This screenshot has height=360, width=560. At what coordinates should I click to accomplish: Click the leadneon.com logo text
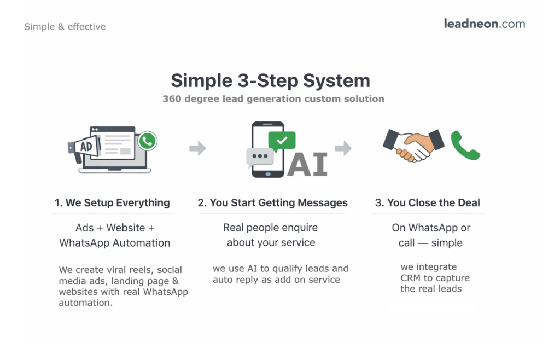484,24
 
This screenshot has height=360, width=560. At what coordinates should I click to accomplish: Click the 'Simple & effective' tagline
65,26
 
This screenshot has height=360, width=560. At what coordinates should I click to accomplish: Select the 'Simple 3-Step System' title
270,80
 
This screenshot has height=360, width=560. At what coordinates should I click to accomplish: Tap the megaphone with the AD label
81,147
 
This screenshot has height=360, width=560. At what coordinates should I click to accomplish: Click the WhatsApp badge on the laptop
147,141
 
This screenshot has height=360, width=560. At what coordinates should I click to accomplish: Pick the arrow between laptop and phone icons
197,148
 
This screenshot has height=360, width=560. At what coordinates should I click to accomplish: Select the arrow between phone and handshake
343,148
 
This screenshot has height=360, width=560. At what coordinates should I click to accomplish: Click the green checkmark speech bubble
282,141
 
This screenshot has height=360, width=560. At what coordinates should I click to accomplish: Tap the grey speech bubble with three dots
259,156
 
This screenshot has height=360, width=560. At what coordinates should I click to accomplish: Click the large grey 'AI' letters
307,164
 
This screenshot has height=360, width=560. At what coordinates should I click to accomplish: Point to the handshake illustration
413,145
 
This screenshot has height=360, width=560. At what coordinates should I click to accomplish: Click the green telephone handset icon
465,145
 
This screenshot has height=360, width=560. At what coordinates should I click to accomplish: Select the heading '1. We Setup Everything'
112,202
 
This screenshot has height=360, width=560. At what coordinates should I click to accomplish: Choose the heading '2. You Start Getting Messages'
272,202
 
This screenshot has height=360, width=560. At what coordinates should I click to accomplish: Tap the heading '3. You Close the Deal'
427,202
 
